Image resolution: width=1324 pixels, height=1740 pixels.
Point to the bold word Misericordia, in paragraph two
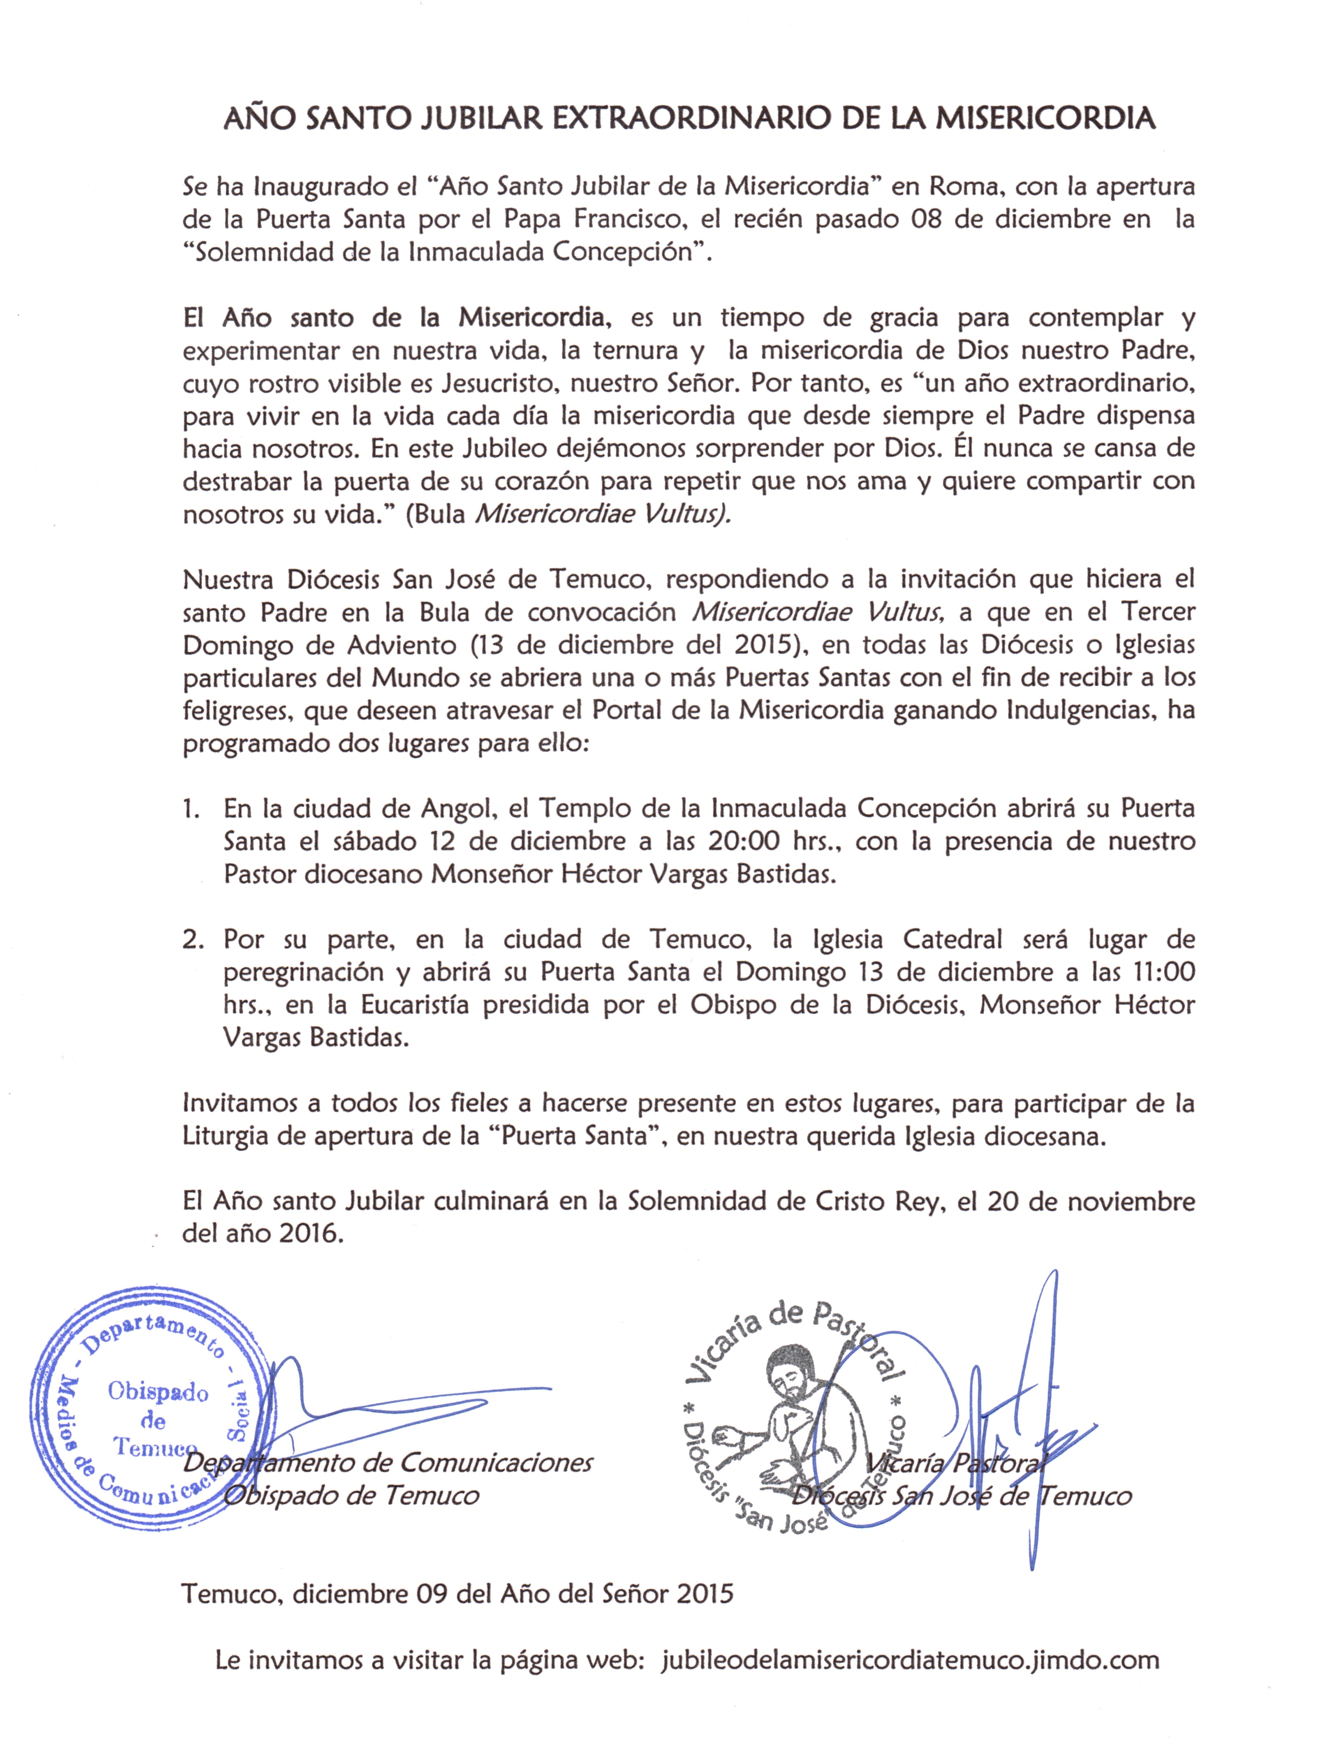[533, 318]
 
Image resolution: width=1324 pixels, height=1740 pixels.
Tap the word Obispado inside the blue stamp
[158, 1392]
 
